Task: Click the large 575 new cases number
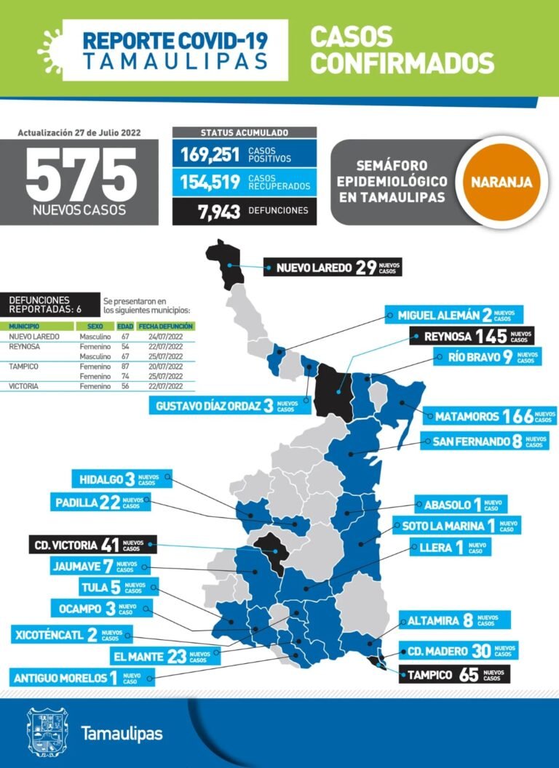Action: point(81,176)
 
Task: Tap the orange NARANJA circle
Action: point(501,181)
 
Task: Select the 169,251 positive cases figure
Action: point(208,153)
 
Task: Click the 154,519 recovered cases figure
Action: point(208,182)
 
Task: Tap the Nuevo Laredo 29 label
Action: point(332,267)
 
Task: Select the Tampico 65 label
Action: point(454,674)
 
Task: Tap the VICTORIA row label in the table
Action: point(23,386)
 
